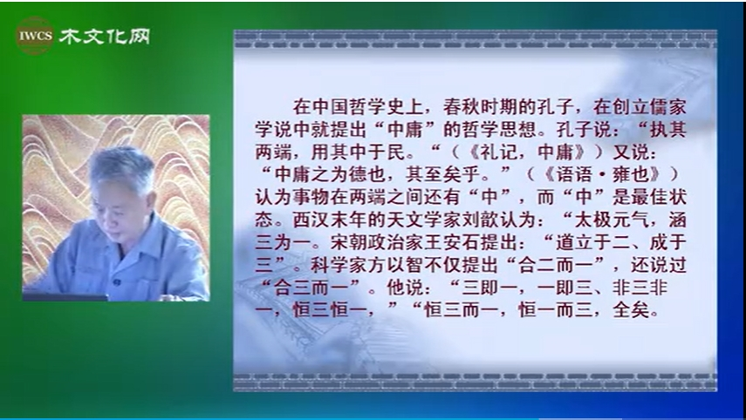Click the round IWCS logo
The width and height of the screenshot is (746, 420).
pyautogui.click(x=35, y=36)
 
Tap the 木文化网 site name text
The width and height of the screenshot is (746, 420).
pyautogui.click(x=105, y=37)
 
